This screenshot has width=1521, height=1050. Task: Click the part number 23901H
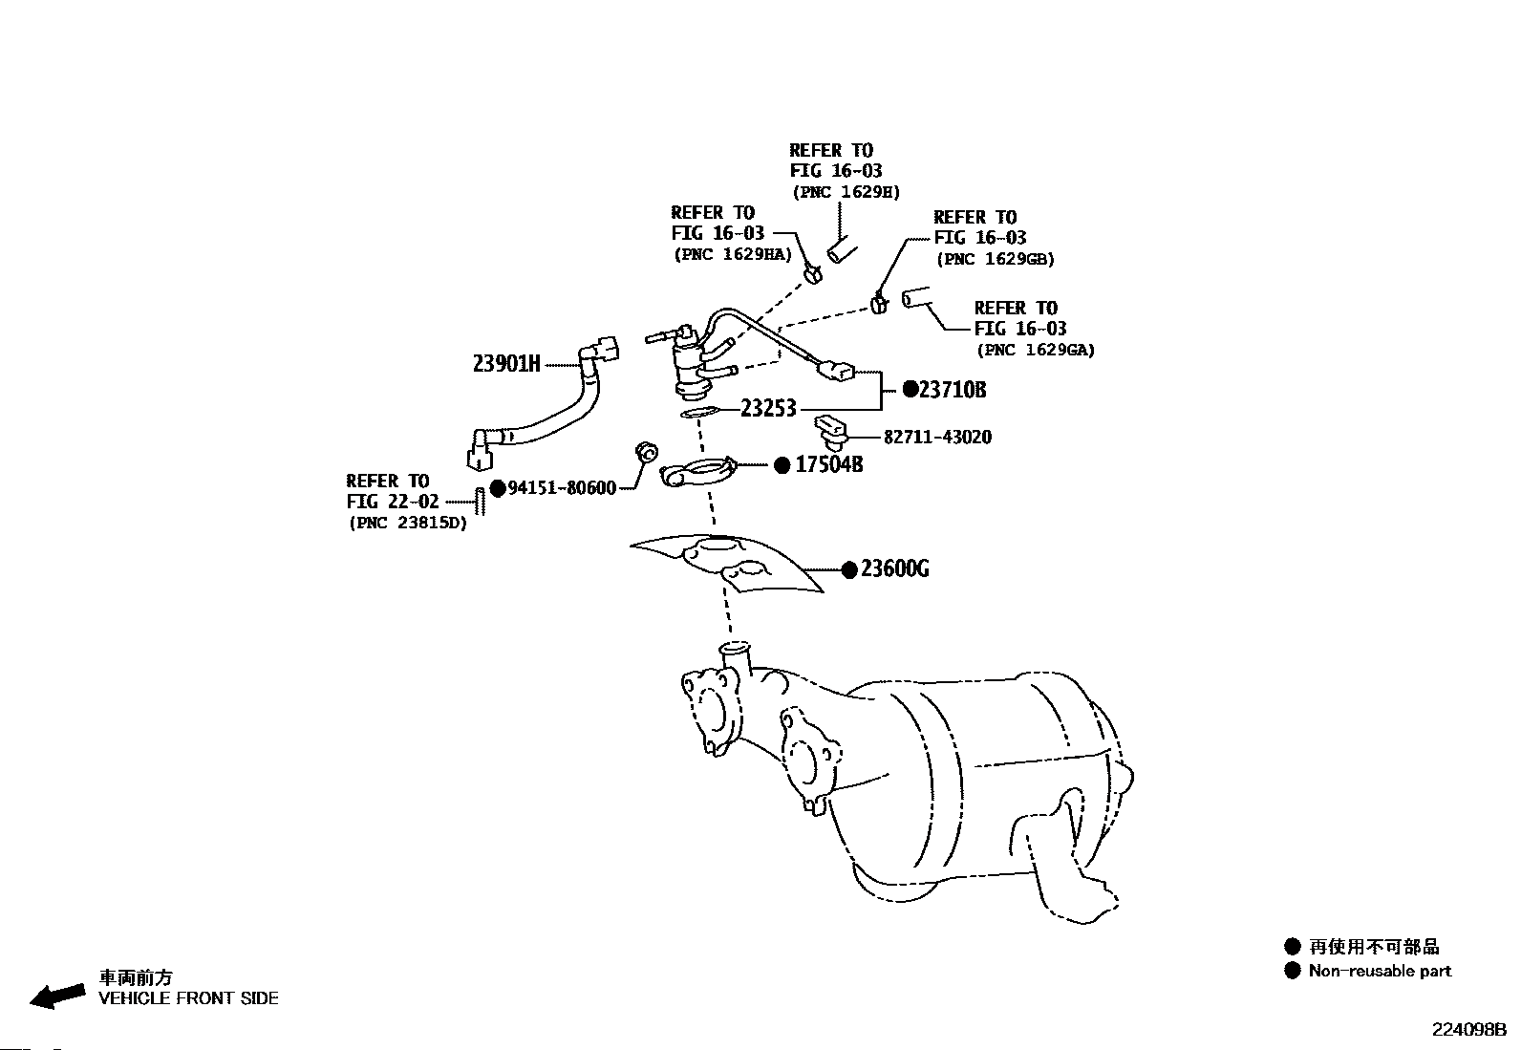(506, 363)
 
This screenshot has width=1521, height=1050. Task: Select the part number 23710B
(952, 390)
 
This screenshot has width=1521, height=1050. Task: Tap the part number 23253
(768, 409)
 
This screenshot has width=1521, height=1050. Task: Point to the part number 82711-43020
(937, 437)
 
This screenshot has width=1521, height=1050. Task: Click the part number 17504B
(828, 465)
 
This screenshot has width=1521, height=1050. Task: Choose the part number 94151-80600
(562, 488)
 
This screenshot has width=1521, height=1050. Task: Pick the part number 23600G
(894, 569)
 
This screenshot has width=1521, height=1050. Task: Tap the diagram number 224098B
(1467, 1030)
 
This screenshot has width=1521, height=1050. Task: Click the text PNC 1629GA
(1036, 350)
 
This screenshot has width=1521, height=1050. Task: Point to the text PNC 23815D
(409, 523)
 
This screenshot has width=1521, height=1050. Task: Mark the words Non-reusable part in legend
(1380, 971)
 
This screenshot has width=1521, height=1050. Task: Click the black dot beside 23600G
(848, 569)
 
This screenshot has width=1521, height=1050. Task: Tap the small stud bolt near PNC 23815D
(481, 500)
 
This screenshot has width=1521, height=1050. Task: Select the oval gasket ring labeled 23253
(699, 412)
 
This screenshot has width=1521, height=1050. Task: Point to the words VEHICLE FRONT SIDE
(189, 998)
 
